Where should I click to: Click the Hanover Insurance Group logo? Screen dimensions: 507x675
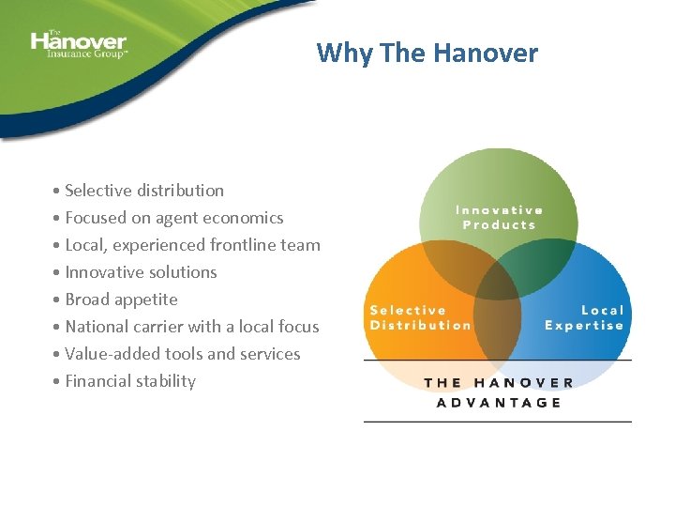click(79, 43)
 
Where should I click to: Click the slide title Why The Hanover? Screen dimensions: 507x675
click(427, 53)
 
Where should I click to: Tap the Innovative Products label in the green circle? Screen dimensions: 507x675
click(499, 218)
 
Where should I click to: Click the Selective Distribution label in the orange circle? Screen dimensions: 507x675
click(420, 317)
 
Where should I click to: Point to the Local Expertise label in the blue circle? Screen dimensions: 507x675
click(584, 317)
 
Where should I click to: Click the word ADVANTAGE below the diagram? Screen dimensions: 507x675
click(499, 402)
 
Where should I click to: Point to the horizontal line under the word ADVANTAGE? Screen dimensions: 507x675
click(498, 422)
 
